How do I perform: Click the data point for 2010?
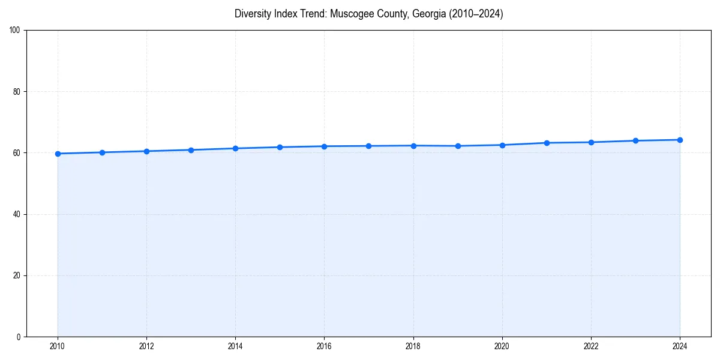pyautogui.click(x=58, y=154)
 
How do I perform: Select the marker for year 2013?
pyautogui.click(x=191, y=150)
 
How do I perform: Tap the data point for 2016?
pyautogui.click(x=324, y=146)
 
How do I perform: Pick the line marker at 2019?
pyautogui.click(x=458, y=146)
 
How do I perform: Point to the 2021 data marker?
pyautogui.click(x=547, y=143)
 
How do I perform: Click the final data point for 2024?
pyautogui.click(x=680, y=140)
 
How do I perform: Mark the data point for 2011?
pyautogui.click(x=102, y=152)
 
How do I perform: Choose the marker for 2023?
pyautogui.click(x=635, y=140)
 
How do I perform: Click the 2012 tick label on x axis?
pyautogui.click(x=146, y=346)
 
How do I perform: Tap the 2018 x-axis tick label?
pyautogui.click(x=413, y=346)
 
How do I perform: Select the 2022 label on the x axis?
pyautogui.click(x=591, y=346)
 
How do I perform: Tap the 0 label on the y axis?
pyautogui.click(x=19, y=337)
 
